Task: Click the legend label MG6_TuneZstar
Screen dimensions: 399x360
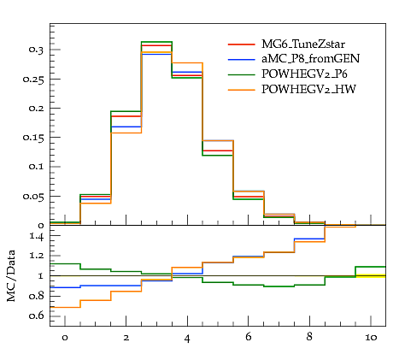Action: (303, 44)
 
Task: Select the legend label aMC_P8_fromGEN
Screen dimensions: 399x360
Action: (310, 59)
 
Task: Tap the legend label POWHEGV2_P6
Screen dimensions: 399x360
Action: (304, 74)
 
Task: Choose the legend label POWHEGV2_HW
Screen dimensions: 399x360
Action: (308, 90)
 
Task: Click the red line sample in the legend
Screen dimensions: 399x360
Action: (241, 44)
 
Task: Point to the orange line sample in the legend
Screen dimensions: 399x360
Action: (241, 90)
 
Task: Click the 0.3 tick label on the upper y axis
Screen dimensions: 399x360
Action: (36, 50)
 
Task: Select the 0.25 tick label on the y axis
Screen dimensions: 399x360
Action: (33, 80)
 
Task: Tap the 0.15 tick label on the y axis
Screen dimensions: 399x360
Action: (33, 138)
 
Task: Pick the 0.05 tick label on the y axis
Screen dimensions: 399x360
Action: (33, 197)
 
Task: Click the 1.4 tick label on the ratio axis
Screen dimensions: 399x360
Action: (36, 236)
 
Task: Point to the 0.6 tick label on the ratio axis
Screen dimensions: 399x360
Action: (36, 316)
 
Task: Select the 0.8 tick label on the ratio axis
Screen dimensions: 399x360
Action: (36, 296)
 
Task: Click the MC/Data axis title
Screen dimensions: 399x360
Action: (11, 276)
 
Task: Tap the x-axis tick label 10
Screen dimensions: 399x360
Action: (371, 338)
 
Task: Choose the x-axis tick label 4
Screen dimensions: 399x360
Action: (187, 339)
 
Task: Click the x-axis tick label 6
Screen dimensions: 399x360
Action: (249, 337)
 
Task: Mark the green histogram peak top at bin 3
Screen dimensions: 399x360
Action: (156, 42)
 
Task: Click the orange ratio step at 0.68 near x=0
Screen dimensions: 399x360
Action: (65, 307)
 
